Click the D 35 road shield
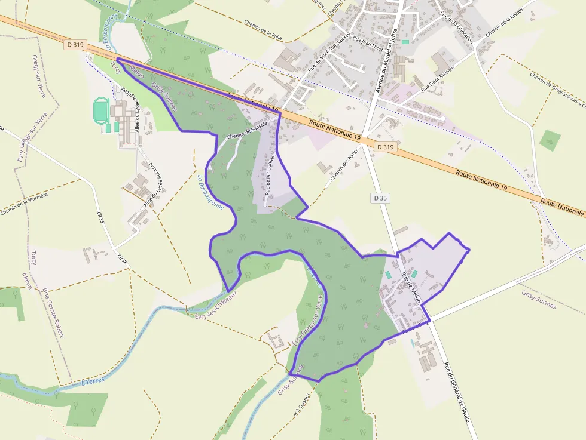coord(380,198)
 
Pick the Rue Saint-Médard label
coord(438,78)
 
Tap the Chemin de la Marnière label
coord(23,203)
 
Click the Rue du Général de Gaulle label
coord(458,391)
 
